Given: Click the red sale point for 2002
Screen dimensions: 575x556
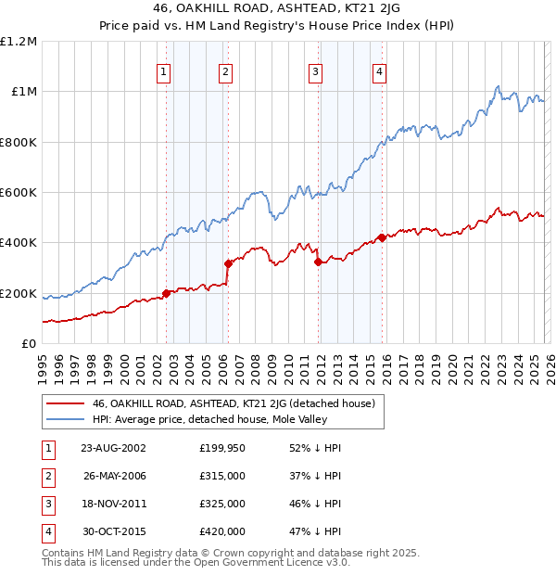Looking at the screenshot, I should (167, 293).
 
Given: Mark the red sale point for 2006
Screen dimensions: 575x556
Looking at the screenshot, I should (228, 264).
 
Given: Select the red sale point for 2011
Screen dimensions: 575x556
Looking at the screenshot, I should (318, 262).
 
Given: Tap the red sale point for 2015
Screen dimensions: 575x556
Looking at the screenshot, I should (382, 238).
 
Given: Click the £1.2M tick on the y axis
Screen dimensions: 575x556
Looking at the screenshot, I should (19, 42).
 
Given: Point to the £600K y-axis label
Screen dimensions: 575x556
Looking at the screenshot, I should (19, 193).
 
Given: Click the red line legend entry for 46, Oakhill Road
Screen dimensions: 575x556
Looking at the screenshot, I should (233, 404).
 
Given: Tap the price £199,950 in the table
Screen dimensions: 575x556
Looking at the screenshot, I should (221, 447).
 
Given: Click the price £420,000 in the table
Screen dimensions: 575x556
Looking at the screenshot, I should (221, 531).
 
